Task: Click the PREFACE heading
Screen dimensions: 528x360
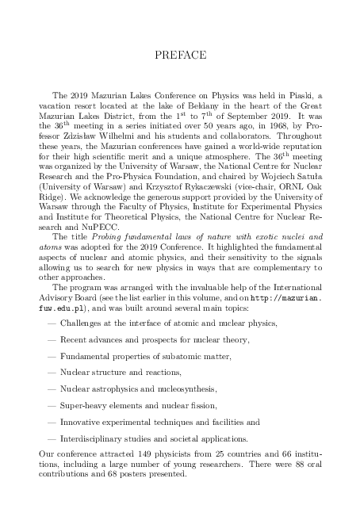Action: coord(179,55)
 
